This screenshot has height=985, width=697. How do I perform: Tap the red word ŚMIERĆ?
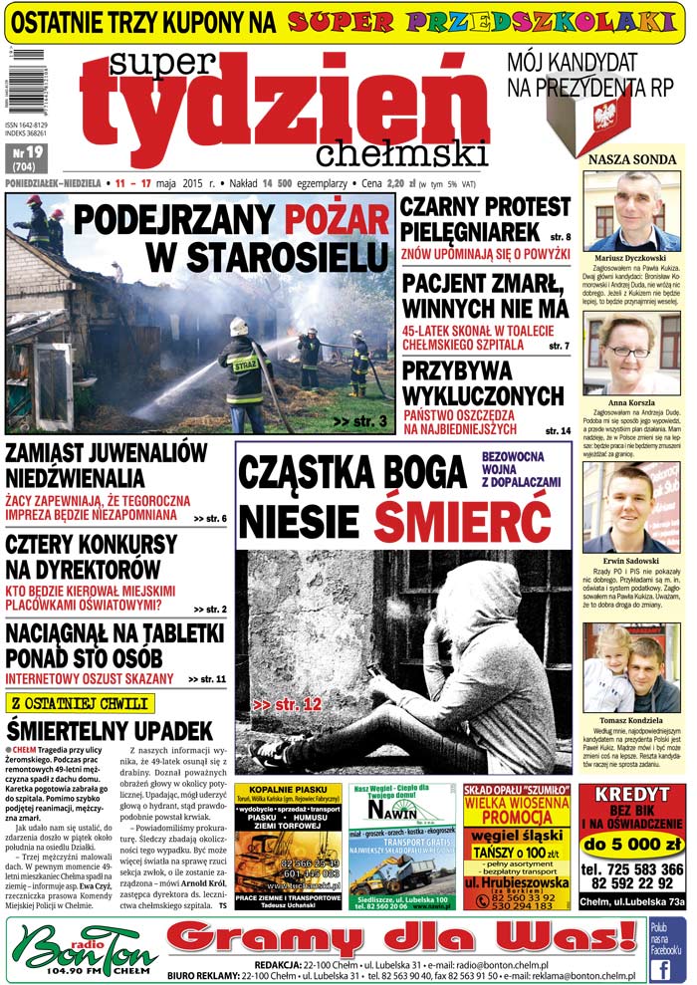click(x=462, y=520)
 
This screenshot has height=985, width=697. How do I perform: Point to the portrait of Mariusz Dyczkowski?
click(x=632, y=211)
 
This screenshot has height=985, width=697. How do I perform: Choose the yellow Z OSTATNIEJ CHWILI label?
click(x=80, y=702)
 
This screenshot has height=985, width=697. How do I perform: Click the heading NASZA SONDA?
click(x=633, y=158)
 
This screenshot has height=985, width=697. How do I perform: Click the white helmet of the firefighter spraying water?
click(x=238, y=326)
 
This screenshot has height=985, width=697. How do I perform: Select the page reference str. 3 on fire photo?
click(x=359, y=422)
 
